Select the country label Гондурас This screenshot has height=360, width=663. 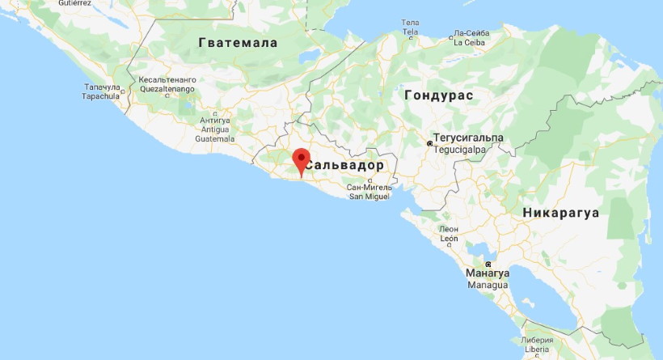pyautogui.click(x=438, y=95)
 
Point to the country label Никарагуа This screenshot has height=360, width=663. pyautogui.click(x=560, y=214)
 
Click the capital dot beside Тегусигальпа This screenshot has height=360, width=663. pyautogui.click(x=429, y=144)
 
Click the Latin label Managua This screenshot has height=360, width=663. pyautogui.click(x=487, y=286)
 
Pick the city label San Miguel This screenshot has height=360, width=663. pyautogui.click(x=368, y=196)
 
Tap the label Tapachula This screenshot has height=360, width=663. pyautogui.click(x=102, y=95)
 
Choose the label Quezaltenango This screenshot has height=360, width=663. pyautogui.click(x=167, y=90)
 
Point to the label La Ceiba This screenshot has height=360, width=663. pyautogui.click(x=468, y=42)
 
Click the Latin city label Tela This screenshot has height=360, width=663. pyautogui.click(x=411, y=32)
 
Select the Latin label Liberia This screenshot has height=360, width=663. pyautogui.click(x=537, y=349)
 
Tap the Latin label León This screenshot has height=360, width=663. pyautogui.click(x=449, y=239)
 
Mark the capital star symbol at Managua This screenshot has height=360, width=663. pyautogui.click(x=488, y=265)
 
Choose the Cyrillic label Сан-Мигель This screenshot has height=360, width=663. pyautogui.click(x=369, y=187)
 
